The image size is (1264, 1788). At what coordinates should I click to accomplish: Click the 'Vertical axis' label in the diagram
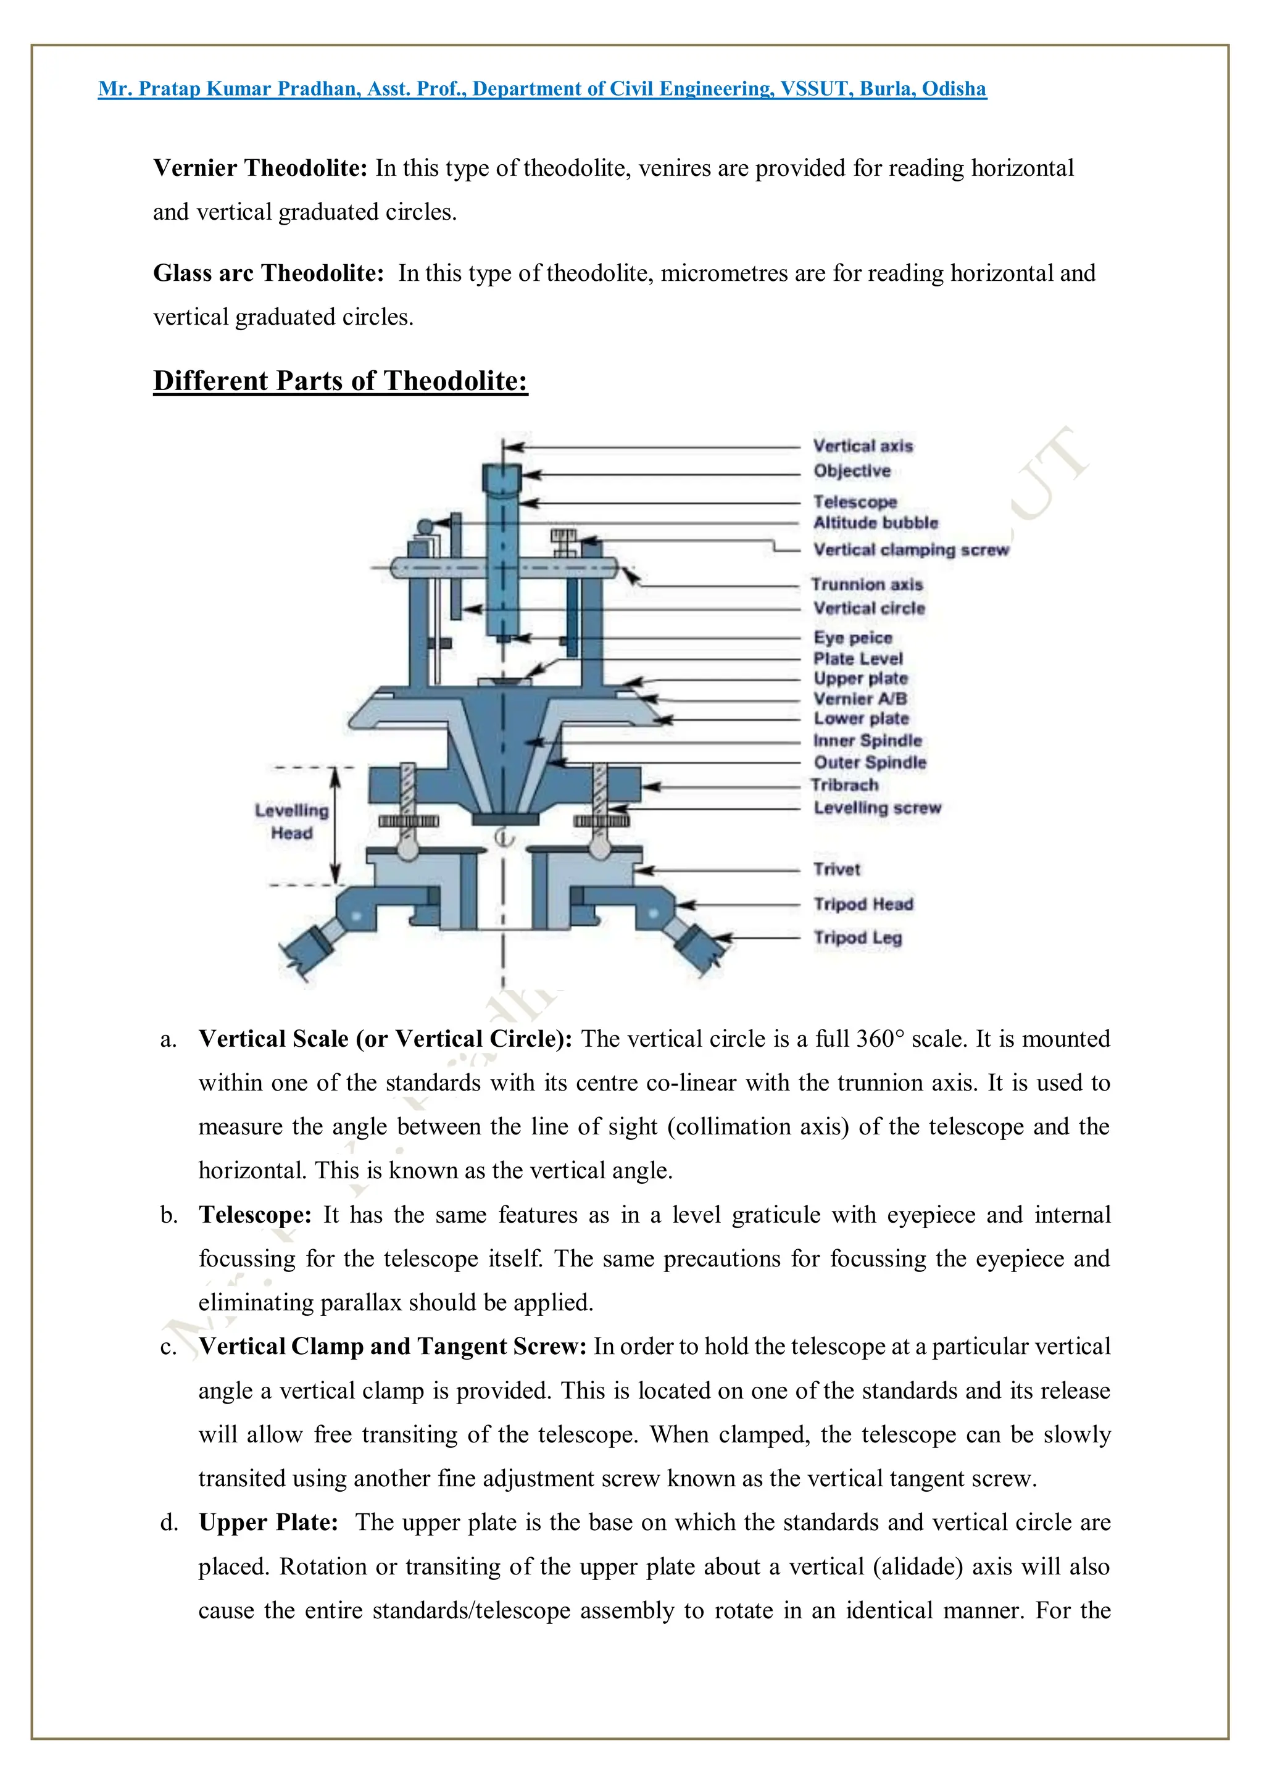[862, 446]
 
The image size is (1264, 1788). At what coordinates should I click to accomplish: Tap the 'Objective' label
[852, 471]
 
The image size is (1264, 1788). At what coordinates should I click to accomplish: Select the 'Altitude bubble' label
[875, 523]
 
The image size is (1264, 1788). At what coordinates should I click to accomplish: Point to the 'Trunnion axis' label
[867, 584]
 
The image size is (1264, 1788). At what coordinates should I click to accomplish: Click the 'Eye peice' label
[853, 638]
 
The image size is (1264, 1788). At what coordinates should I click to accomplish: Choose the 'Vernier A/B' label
[860, 699]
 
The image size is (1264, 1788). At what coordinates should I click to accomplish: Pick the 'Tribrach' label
[844, 785]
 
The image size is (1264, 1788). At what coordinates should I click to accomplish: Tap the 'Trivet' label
[836, 869]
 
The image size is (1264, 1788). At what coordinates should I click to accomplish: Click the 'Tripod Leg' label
[857, 938]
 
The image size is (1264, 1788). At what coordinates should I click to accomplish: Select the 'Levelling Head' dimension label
[292, 821]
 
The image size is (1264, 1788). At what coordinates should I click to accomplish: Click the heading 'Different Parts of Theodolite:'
[340, 381]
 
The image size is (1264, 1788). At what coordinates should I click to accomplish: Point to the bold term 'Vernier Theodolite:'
[260, 168]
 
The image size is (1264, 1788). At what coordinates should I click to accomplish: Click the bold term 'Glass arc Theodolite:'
[268, 273]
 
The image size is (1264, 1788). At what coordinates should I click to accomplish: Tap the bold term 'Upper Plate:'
[268, 1523]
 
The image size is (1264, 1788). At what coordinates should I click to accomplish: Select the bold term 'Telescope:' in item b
[256, 1215]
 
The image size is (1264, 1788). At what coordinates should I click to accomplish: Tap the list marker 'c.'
[168, 1347]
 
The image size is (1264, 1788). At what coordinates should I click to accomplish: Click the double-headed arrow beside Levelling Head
[336, 825]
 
